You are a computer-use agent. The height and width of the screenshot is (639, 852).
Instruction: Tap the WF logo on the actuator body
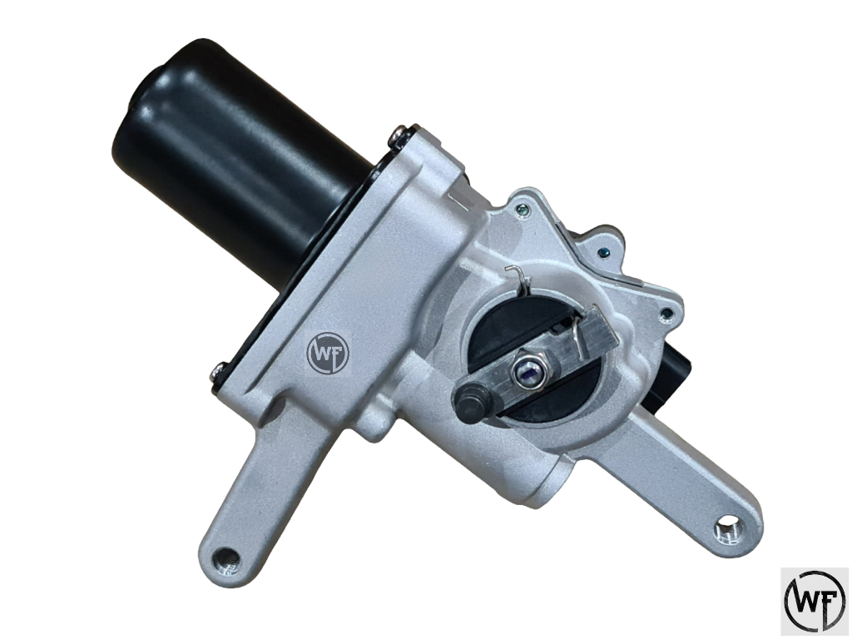click(x=329, y=354)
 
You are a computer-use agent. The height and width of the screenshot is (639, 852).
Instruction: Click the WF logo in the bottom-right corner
click(x=815, y=602)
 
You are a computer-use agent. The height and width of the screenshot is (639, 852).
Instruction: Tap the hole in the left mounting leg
click(x=223, y=557)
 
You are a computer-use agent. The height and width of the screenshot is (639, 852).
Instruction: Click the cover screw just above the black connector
click(x=666, y=314)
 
